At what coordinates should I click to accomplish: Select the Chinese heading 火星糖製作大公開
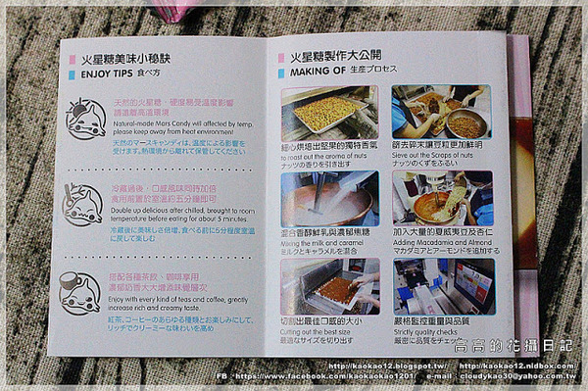click(x=334, y=57)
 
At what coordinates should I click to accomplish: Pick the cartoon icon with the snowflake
click(x=84, y=204)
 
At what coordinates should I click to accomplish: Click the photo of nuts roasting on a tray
click(x=328, y=114)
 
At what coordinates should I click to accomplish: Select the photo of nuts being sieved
click(x=441, y=111)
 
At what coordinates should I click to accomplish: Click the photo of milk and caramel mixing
click(x=328, y=199)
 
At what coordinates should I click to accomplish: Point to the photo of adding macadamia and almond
click(x=442, y=199)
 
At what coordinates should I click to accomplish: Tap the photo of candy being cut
click(x=328, y=285)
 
